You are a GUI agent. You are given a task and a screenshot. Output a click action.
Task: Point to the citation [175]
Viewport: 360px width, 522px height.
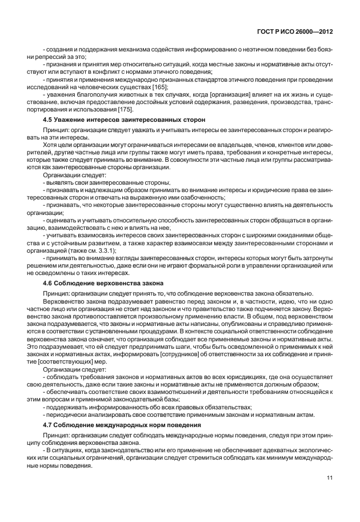(x=126, y=108)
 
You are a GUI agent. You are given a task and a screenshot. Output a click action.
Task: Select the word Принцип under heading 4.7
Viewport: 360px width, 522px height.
(x=56, y=436)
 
